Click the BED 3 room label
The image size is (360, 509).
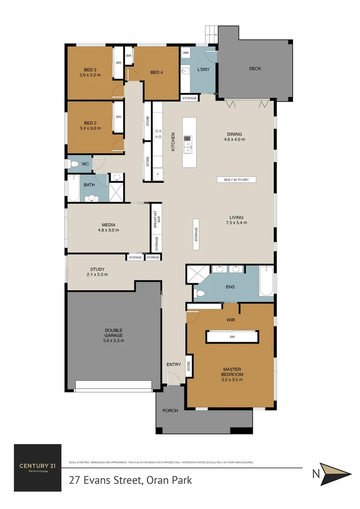point(90,68)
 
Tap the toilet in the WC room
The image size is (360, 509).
point(74,164)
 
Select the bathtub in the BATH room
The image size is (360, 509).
point(74,189)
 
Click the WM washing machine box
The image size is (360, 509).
point(186,53)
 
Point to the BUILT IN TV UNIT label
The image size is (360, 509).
point(236,180)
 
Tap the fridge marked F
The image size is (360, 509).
point(157,174)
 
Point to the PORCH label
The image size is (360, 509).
point(170,410)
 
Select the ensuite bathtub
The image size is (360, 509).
point(266,281)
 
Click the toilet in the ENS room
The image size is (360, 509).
point(200,294)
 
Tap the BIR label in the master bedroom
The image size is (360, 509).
point(232,337)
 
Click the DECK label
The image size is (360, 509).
point(255,69)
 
